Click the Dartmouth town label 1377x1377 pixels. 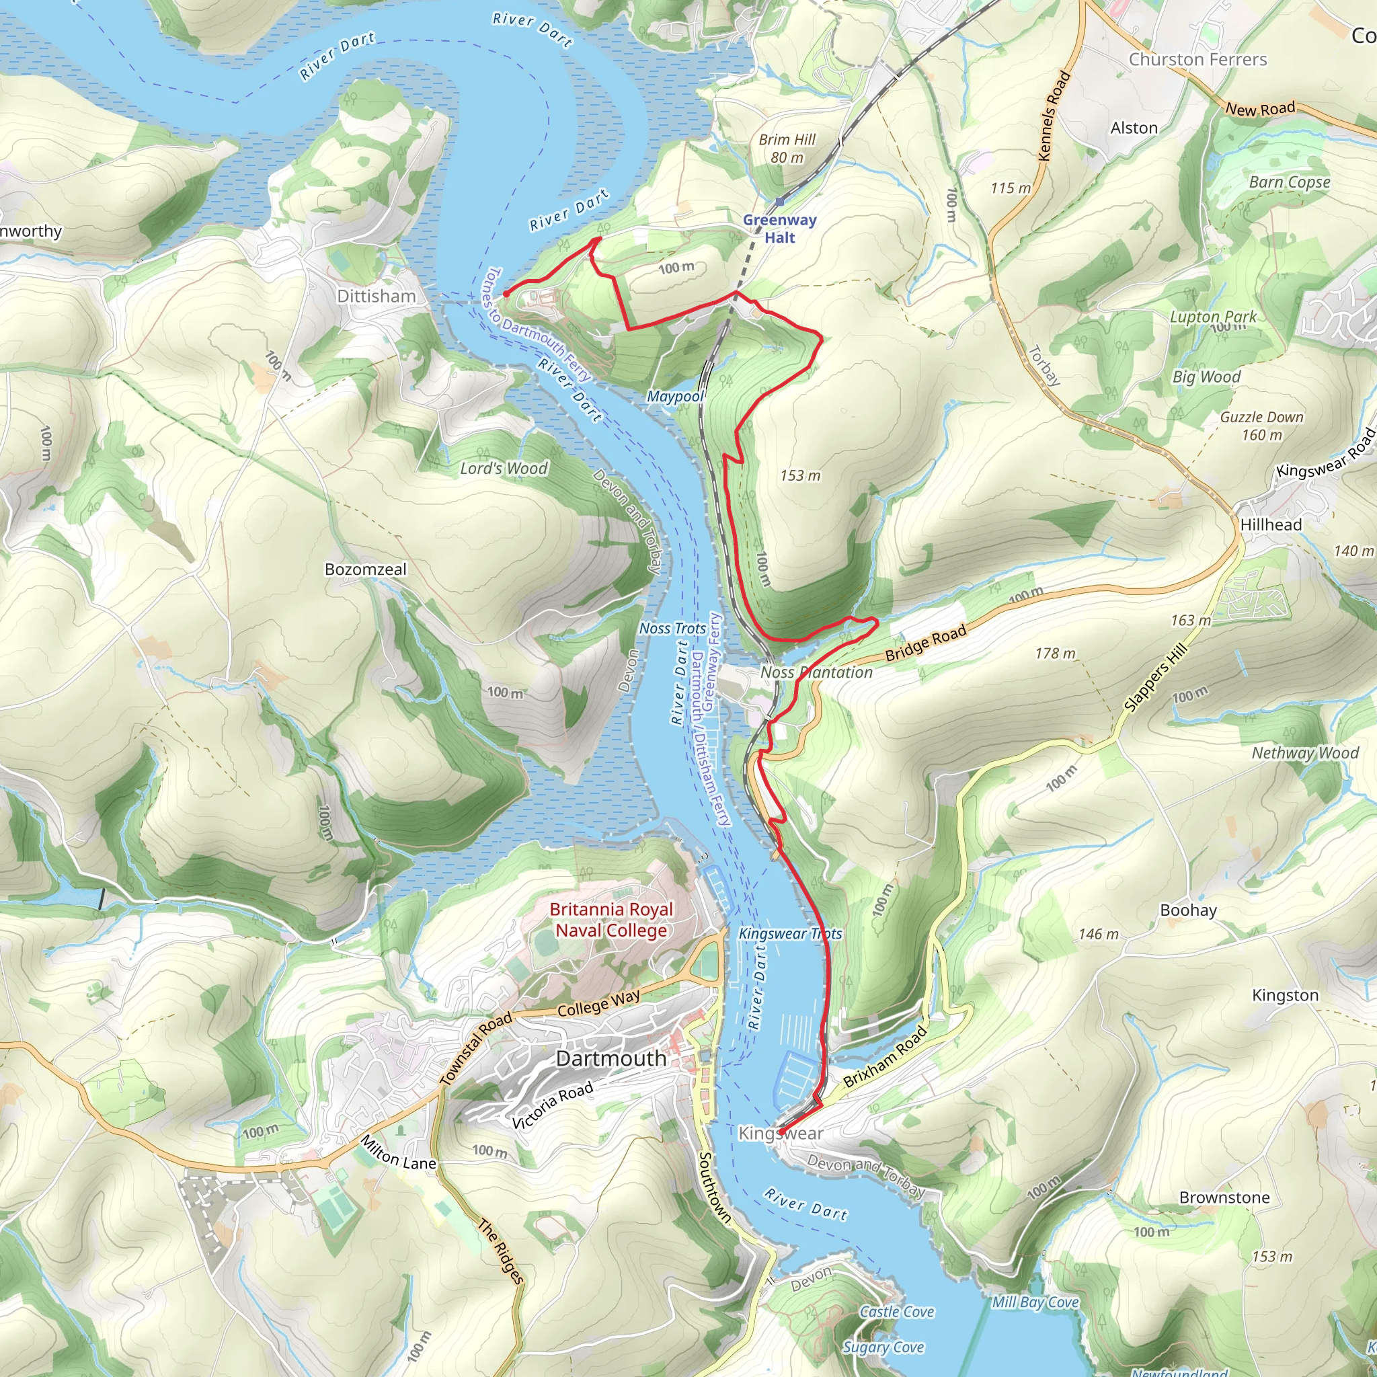tap(611, 1058)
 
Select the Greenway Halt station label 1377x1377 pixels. tap(779, 229)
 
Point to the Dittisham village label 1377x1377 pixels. tap(376, 296)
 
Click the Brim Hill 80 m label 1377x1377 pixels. tap(786, 148)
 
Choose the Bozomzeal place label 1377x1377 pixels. tap(365, 569)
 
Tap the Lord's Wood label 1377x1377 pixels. tap(503, 468)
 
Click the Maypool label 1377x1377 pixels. tap(674, 396)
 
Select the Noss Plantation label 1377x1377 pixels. tap(816, 672)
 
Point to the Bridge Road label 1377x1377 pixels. tap(925, 642)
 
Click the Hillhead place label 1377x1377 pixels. tap(1271, 524)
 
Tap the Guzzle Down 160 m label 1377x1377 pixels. tap(1261, 426)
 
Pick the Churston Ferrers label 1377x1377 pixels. tap(1197, 59)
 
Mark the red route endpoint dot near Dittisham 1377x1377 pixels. tap(506, 294)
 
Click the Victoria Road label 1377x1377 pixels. tap(553, 1105)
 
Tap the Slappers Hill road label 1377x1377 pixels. tap(1155, 677)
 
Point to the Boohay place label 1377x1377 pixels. tap(1188, 910)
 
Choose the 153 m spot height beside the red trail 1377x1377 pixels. tap(799, 475)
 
